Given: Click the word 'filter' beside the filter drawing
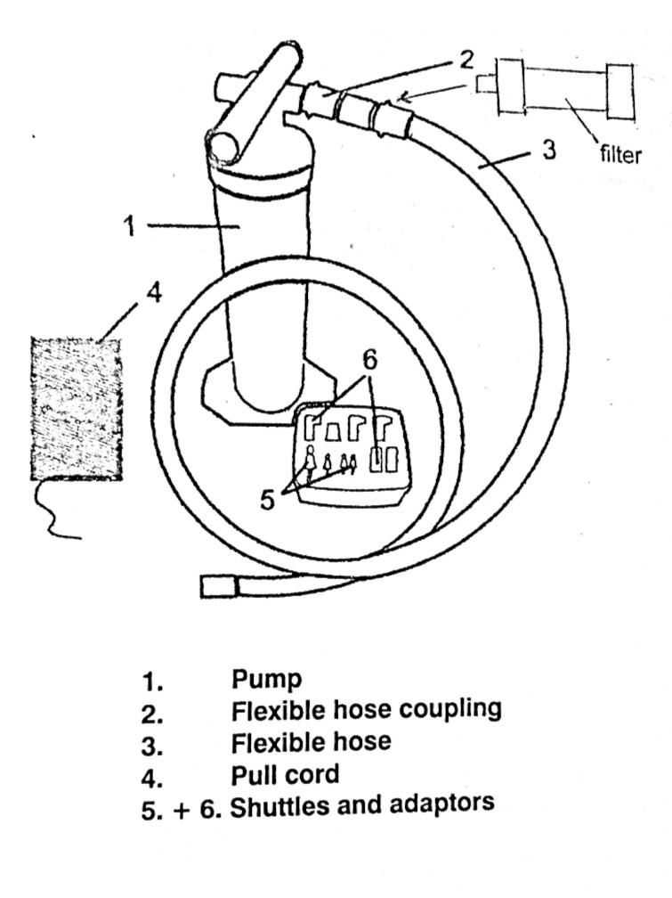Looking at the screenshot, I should pyautogui.click(x=620, y=155).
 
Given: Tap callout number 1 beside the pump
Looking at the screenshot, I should pyautogui.click(x=130, y=226).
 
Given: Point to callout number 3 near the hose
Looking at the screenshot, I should pyautogui.click(x=549, y=149).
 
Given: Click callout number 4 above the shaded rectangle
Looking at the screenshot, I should pyautogui.click(x=154, y=293).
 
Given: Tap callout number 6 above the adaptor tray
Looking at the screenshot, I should pyautogui.click(x=370, y=360).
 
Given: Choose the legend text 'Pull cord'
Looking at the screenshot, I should pyautogui.click(x=285, y=772).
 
